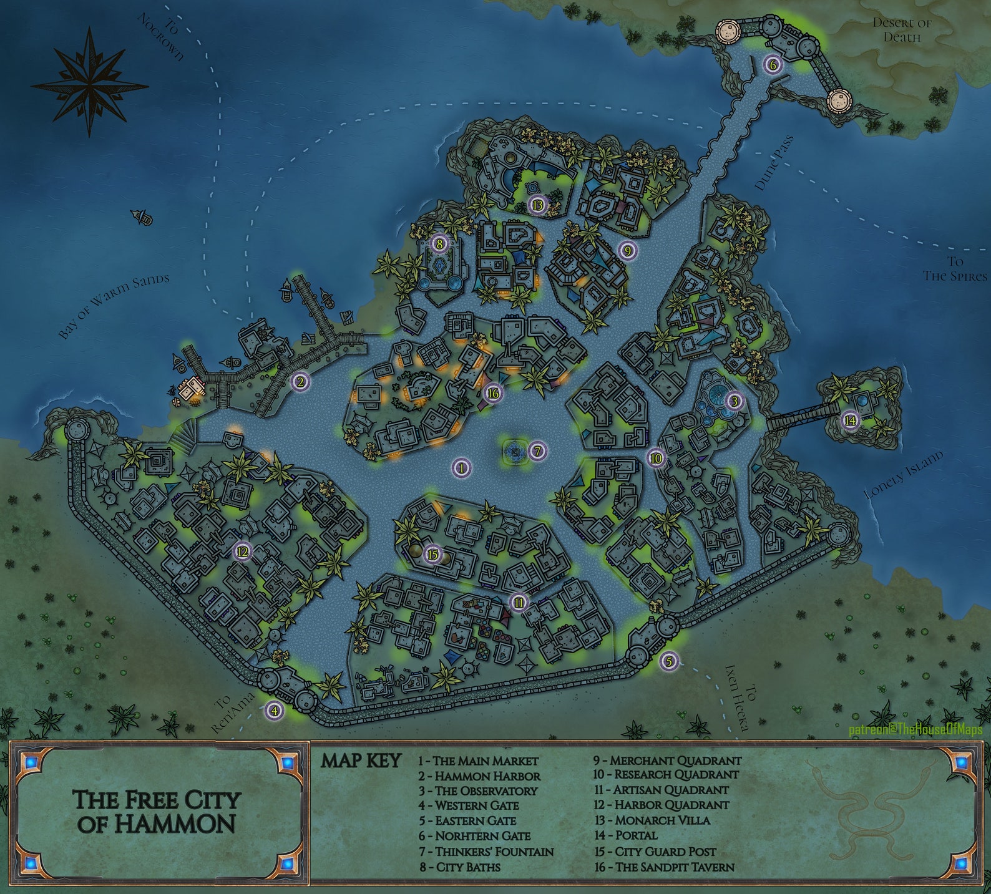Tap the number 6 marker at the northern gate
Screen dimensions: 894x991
coord(772,64)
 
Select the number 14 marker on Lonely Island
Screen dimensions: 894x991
coord(850,420)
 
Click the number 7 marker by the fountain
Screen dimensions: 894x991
coord(537,451)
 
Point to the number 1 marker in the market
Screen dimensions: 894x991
coord(461,467)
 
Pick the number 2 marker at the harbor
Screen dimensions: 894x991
coord(300,382)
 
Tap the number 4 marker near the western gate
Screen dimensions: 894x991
coord(273,709)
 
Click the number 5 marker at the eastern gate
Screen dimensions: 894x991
coord(669,661)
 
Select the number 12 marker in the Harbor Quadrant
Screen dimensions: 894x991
coord(242,551)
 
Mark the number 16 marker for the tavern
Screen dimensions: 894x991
coord(493,393)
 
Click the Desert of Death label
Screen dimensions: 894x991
coord(902,29)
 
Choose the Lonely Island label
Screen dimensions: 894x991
coord(903,475)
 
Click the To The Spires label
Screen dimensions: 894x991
coord(955,269)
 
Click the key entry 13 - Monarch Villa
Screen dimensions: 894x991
coord(652,820)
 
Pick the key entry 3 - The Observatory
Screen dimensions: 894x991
coord(477,790)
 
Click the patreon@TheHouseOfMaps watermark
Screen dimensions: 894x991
coord(915,729)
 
